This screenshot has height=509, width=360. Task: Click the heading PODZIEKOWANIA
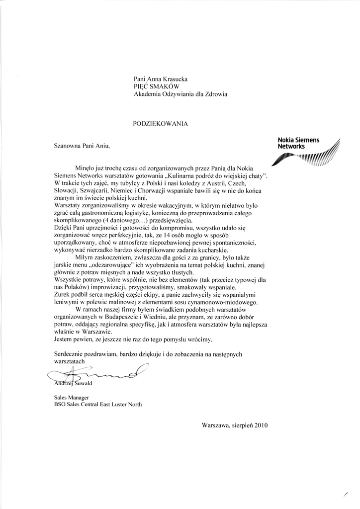(x=160, y=122)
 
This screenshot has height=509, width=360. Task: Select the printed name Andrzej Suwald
(x=73, y=383)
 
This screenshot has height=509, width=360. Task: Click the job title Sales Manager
(x=71, y=397)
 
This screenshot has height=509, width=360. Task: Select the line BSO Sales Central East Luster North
(x=97, y=405)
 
